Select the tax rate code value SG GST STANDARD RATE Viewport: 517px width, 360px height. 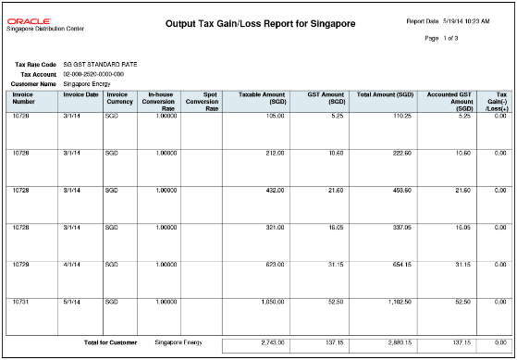pyautogui.click(x=100, y=64)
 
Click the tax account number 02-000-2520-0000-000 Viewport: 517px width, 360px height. pyautogui.click(x=93, y=74)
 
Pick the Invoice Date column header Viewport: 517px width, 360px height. pyautogui.click(x=80, y=94)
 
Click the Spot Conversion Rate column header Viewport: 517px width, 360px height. pyautogui.click(x=202, y=101)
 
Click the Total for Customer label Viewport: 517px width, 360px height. pyautogui.click(x=110, y=342)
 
